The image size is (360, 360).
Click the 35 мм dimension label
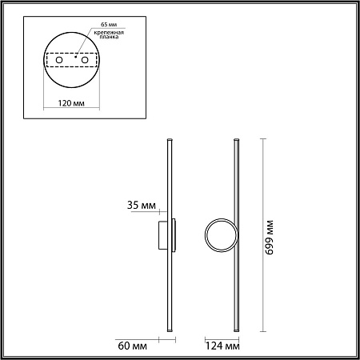point(142,206)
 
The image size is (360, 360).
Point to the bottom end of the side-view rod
point(168,330)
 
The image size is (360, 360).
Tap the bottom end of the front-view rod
point(236,330)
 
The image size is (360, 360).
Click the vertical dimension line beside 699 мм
point(263,235)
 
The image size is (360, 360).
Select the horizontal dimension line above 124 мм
point(221,338)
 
